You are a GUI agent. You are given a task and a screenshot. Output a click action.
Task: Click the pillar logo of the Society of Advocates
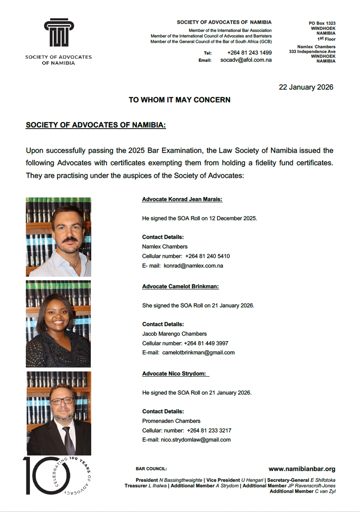[x=59, y=33]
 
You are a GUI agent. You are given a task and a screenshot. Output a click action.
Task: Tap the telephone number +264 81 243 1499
[x=249, y=53]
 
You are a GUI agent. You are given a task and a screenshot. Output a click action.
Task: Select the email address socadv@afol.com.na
[x=246, y=60]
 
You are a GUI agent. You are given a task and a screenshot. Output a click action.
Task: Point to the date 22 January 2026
[x=306, y=87]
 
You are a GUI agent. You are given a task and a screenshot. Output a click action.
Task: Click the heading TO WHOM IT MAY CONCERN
[x=179, y=100]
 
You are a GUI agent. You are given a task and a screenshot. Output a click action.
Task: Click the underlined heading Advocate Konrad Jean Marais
[x=182, y=199]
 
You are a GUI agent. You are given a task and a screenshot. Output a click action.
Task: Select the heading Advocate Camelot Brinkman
[x=180, y=286]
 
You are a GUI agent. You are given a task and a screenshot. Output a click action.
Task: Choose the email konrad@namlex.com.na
[x=193, y=266]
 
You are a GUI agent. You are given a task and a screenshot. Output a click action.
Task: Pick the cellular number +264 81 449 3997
[x=206, y=343]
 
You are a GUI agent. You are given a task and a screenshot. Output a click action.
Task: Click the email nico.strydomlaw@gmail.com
[x=196, y=440]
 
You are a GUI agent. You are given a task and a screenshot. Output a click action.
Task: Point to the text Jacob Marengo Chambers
[x=174, y=334]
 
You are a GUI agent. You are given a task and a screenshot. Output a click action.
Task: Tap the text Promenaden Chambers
[x=171, y=421]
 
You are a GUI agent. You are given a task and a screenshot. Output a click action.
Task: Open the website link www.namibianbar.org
[x=302, y=469]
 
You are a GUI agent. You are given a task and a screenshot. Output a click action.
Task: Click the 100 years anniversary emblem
[x=56, y=475]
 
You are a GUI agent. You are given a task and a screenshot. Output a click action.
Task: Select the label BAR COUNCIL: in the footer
[x=151, y=469]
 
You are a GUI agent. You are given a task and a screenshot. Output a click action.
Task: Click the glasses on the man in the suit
[x=62, y=401]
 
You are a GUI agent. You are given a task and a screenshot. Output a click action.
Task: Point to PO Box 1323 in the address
[x=322, y=23]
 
